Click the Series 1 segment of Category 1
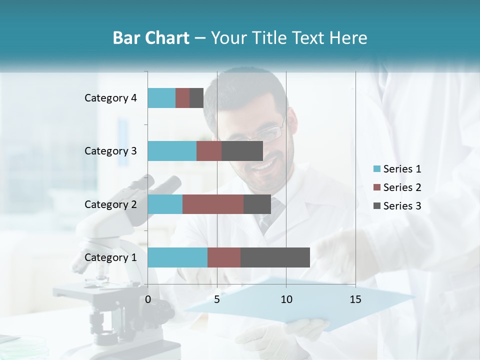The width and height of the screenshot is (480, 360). [177, 257]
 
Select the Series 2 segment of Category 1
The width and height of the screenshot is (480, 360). [224, 257]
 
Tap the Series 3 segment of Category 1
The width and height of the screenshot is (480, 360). [275, 257]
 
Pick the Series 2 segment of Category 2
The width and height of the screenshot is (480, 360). [213, 204]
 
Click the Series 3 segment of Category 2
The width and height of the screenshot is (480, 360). [257, 204]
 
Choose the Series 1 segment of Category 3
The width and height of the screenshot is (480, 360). [172, 151]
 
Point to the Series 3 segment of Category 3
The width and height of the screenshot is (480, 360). [242, 151]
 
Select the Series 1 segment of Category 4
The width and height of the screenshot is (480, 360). [161, 98]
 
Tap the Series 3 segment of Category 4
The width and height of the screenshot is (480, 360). [196, 98]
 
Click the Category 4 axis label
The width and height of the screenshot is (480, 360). [110, 98]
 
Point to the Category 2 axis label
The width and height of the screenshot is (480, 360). [110, 204]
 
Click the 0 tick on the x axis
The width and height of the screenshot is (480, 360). [148, 299]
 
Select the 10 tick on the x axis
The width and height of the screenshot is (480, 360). [286, 299]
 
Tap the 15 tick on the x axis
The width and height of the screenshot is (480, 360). [355, 299]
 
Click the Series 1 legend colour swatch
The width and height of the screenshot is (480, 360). [376, 169]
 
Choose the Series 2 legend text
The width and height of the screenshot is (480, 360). [402, 187]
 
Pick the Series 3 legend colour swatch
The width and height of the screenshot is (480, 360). [376, 206]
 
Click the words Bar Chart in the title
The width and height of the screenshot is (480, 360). [151, 38]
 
